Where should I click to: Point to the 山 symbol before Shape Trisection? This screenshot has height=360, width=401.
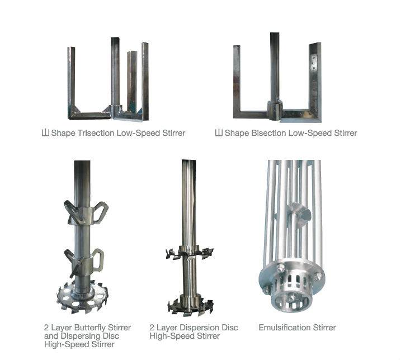[45, 133]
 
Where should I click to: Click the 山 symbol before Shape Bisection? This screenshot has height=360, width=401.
[219, 133]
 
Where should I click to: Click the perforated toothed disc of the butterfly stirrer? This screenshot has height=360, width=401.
[82, 297]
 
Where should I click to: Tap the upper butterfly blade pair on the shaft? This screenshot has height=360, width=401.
[86, 212]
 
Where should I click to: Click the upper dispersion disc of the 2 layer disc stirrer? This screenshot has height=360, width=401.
[190, 253]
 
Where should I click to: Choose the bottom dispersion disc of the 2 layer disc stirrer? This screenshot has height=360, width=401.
[190, 306]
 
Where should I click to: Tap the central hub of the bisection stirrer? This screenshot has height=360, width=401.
[275, 111]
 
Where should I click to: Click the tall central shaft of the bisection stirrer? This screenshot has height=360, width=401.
[275, 67]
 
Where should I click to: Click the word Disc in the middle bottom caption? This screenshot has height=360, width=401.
[230, 328]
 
